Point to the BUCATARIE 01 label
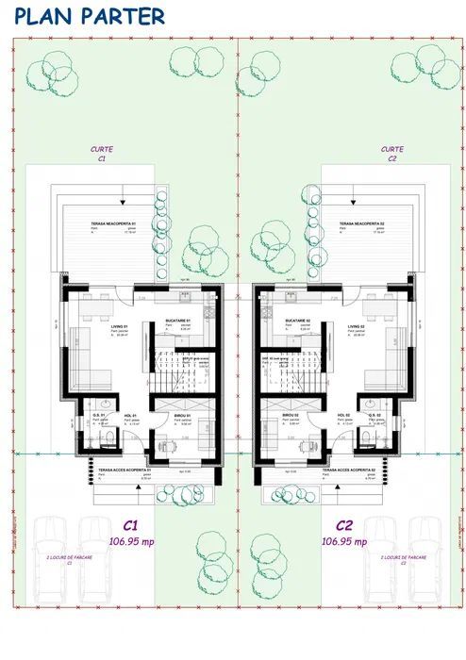pyautogui.click(x=179, y=322)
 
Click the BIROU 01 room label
pyautogui.click(x=183, y=416)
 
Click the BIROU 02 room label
pyautogui.click(x=291, y=416)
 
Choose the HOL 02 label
pyautogui.click(x=343, y=416)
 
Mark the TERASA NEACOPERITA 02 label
pyautogui.click(x=360, y=223)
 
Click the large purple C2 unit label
pyautogui.click(x=344, y=525)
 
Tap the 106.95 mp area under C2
pyautogui.click(x=345, y=542)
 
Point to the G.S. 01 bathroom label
pyautogui.click(x=98, y=416)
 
